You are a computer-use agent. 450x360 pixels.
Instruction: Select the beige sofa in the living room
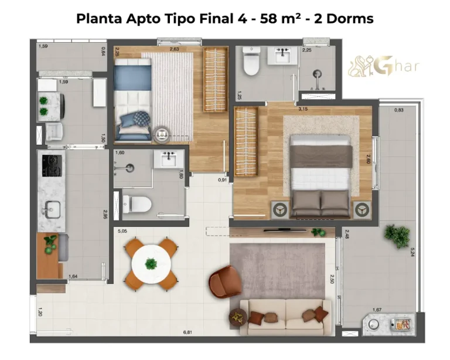(285, 317)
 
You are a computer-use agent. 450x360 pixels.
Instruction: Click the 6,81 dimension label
(187, 332)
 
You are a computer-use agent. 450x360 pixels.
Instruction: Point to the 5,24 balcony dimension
(413, 252)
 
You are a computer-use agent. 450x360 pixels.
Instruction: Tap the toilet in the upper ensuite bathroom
(251, 64)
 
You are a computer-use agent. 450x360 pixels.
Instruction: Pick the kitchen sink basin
(49, 208)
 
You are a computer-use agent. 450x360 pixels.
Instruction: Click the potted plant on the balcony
(397, 236)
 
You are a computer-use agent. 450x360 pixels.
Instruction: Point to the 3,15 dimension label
(303, 109)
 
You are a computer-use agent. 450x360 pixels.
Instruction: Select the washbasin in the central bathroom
(169, 159)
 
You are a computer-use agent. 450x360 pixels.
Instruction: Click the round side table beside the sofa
(237, 317)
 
